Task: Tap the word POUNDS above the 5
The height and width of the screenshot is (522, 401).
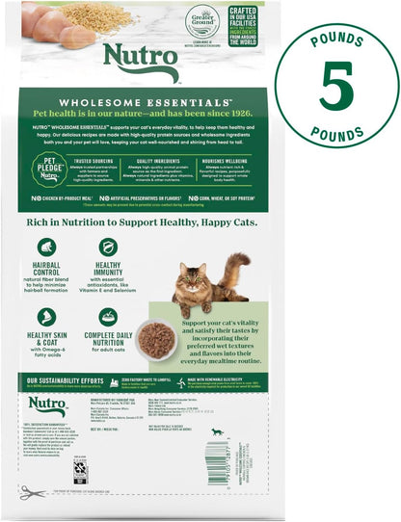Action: pos(336,40)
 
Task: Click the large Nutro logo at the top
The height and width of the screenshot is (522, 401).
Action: pos(133,62)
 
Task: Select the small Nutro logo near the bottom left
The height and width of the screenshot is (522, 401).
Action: pos(47,406)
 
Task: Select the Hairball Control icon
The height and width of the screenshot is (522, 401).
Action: pos(46,248)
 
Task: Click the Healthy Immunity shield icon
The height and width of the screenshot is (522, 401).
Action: pos(108,248)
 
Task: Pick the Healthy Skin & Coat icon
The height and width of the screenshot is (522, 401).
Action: pos(46,316)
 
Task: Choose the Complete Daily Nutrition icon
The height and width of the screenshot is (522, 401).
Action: pos(108,316)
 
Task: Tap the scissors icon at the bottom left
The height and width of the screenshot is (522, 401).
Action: pos(32,492)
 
